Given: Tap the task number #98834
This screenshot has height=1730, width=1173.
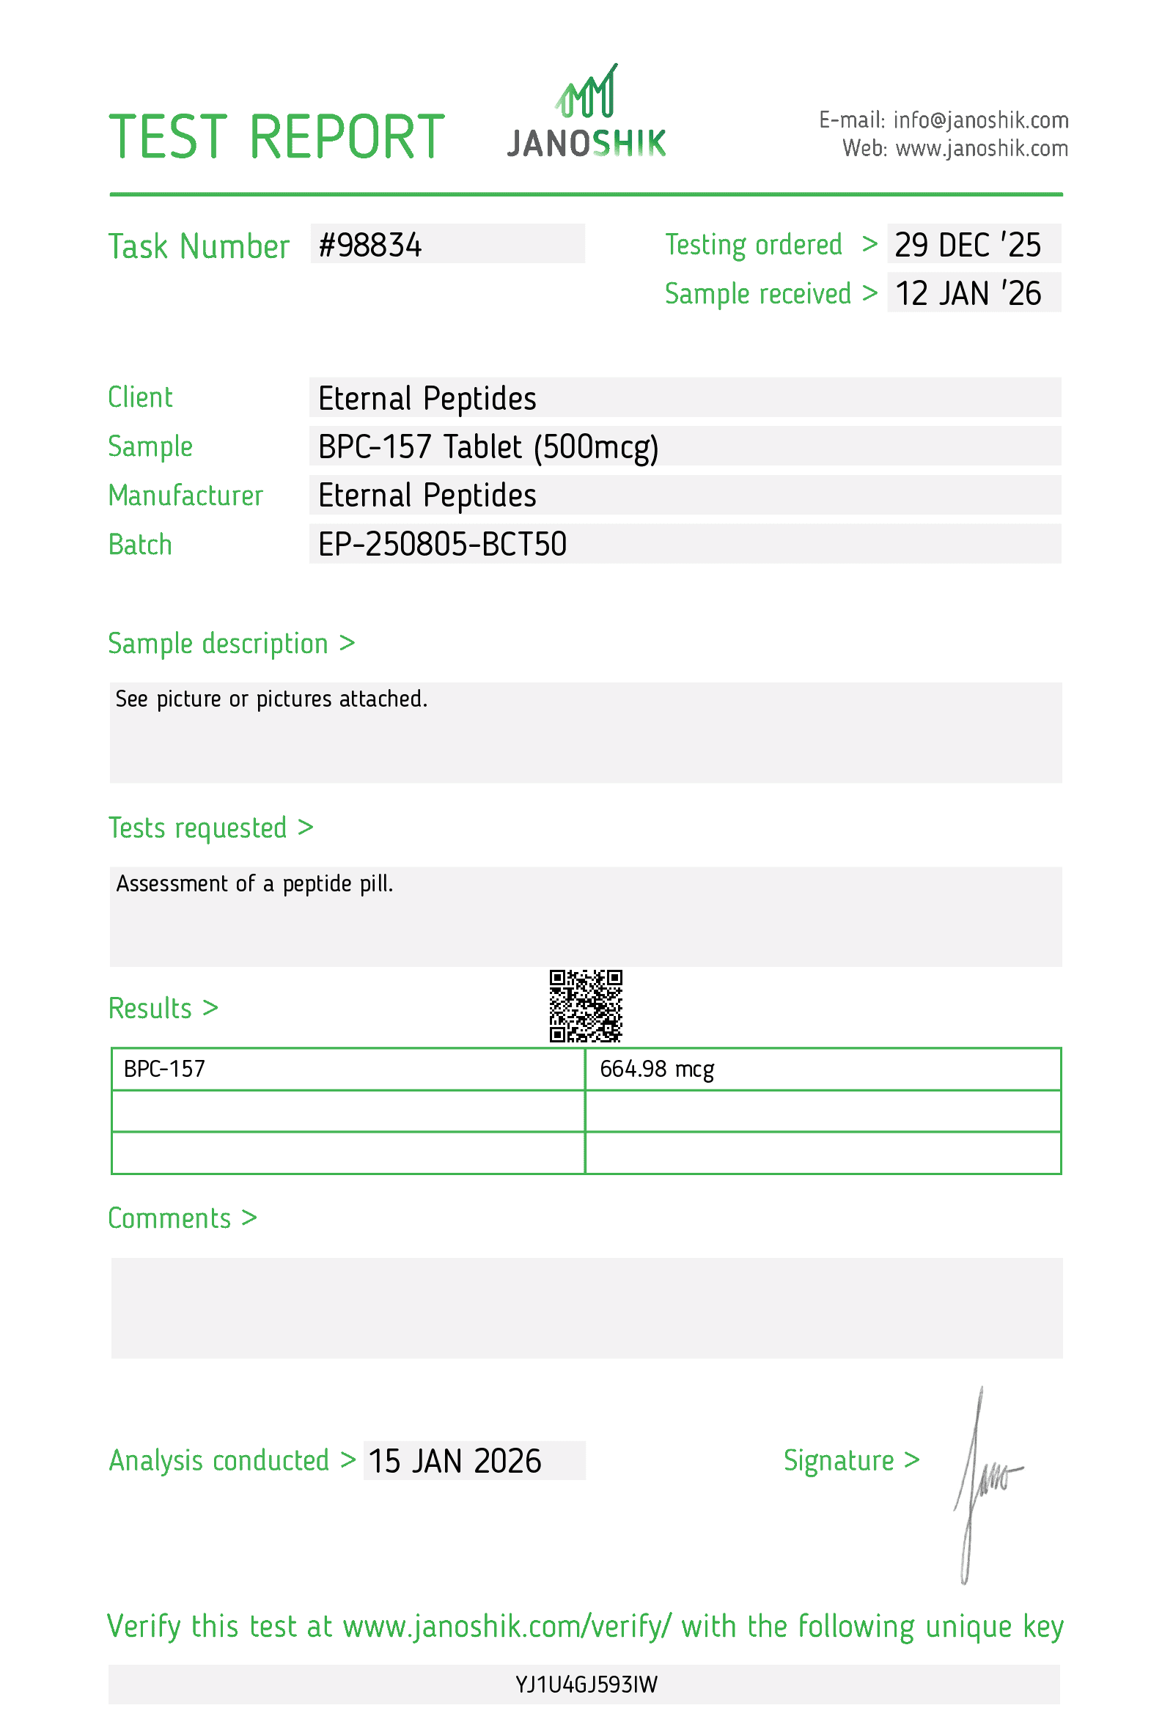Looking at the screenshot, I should point(370,246).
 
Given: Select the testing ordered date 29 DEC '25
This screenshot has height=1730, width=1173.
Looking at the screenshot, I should point(967,245).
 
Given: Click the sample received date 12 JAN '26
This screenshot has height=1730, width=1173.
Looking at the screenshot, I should point(967,293).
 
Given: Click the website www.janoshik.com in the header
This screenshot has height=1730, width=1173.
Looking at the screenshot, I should point(981,149).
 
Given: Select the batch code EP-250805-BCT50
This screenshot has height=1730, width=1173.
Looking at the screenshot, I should point(442,544).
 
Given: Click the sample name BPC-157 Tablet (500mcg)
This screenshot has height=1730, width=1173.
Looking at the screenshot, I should point(488,446).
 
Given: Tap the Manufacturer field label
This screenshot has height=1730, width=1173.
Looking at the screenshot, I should point(185,496).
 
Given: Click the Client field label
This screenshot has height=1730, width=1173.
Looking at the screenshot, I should point(140,397).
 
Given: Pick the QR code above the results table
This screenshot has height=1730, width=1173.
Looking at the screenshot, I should point(585,1005).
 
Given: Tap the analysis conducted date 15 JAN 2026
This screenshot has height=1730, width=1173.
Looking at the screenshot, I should point(455,1461).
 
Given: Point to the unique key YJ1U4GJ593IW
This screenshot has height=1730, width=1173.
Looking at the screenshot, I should point(586,1685).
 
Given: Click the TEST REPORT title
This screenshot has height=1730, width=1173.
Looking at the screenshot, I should point(277,138).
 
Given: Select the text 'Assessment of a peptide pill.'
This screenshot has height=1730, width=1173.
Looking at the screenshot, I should point(254,883).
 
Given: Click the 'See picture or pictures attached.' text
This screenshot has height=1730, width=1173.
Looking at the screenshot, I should point(272,699).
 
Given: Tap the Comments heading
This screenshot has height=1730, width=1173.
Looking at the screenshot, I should point(183,1218).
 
